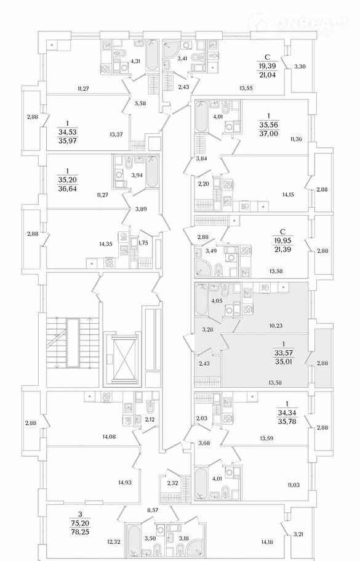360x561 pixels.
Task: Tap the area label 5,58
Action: pos(140,104)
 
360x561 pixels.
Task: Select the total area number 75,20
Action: pos(81,523)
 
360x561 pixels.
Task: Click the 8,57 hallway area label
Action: pos(153,510)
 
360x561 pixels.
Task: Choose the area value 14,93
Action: pos(125,482)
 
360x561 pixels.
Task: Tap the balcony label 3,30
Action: pos(300,66)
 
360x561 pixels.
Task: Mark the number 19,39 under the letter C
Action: pos(267,65)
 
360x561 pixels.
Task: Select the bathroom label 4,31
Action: pos(135,61)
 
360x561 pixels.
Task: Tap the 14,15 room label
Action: pos(289,195)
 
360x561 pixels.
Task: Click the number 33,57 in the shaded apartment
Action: pos(283,353)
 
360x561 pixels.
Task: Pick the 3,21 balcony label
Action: pos(299,534)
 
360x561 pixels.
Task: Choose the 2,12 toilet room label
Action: pos(150,420)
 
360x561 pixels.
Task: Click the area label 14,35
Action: pos(106,244)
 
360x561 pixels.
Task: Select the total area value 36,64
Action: pos(68,189)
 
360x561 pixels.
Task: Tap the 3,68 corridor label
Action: pos(204,443)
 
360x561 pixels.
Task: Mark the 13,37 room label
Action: pos(116,134)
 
